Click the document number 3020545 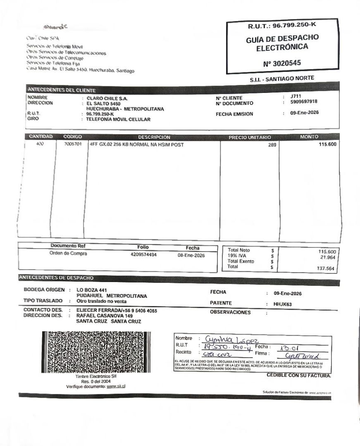[282, 64]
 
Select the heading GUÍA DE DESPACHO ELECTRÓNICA [282, 43]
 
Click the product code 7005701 [73, 145]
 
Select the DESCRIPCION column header [154, 137]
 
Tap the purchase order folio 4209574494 [143, 255]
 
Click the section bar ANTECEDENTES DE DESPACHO [56, 278]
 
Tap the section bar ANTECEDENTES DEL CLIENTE [61, 90]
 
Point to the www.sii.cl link [116, 387]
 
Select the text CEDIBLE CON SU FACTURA [299, 376]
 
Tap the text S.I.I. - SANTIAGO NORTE [282, 78]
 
